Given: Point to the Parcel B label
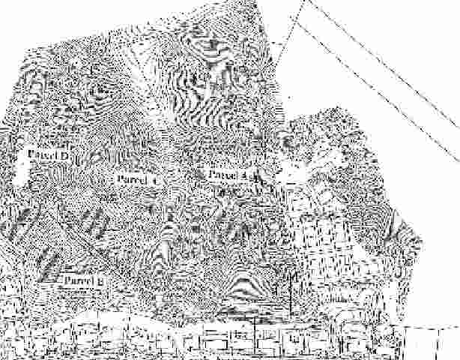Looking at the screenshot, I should point(82,281).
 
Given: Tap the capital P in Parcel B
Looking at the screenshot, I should point(66,281).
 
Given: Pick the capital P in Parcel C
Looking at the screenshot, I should point(119,180).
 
